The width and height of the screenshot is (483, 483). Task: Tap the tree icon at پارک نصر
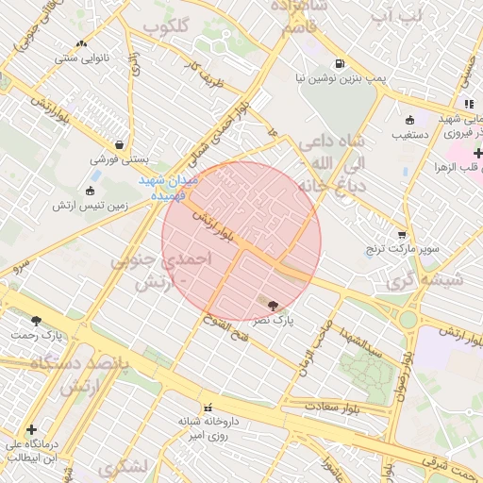274,305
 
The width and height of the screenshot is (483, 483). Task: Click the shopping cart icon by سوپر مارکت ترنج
402,234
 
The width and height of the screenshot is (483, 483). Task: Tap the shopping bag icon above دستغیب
409,120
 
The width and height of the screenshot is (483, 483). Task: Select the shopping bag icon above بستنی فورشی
119,144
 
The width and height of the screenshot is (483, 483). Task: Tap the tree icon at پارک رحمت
36,321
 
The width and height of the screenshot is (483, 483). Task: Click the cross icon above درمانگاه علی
31,429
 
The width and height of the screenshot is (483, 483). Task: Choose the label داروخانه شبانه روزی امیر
209,427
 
